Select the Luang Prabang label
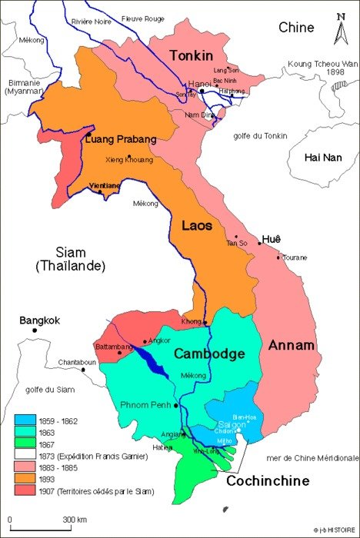(x=122, y=139)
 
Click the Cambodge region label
(x=208, y=354)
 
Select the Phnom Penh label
(x=148, y=404)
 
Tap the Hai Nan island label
(x=322, y=158)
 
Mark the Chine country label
(x=296, y=28)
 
